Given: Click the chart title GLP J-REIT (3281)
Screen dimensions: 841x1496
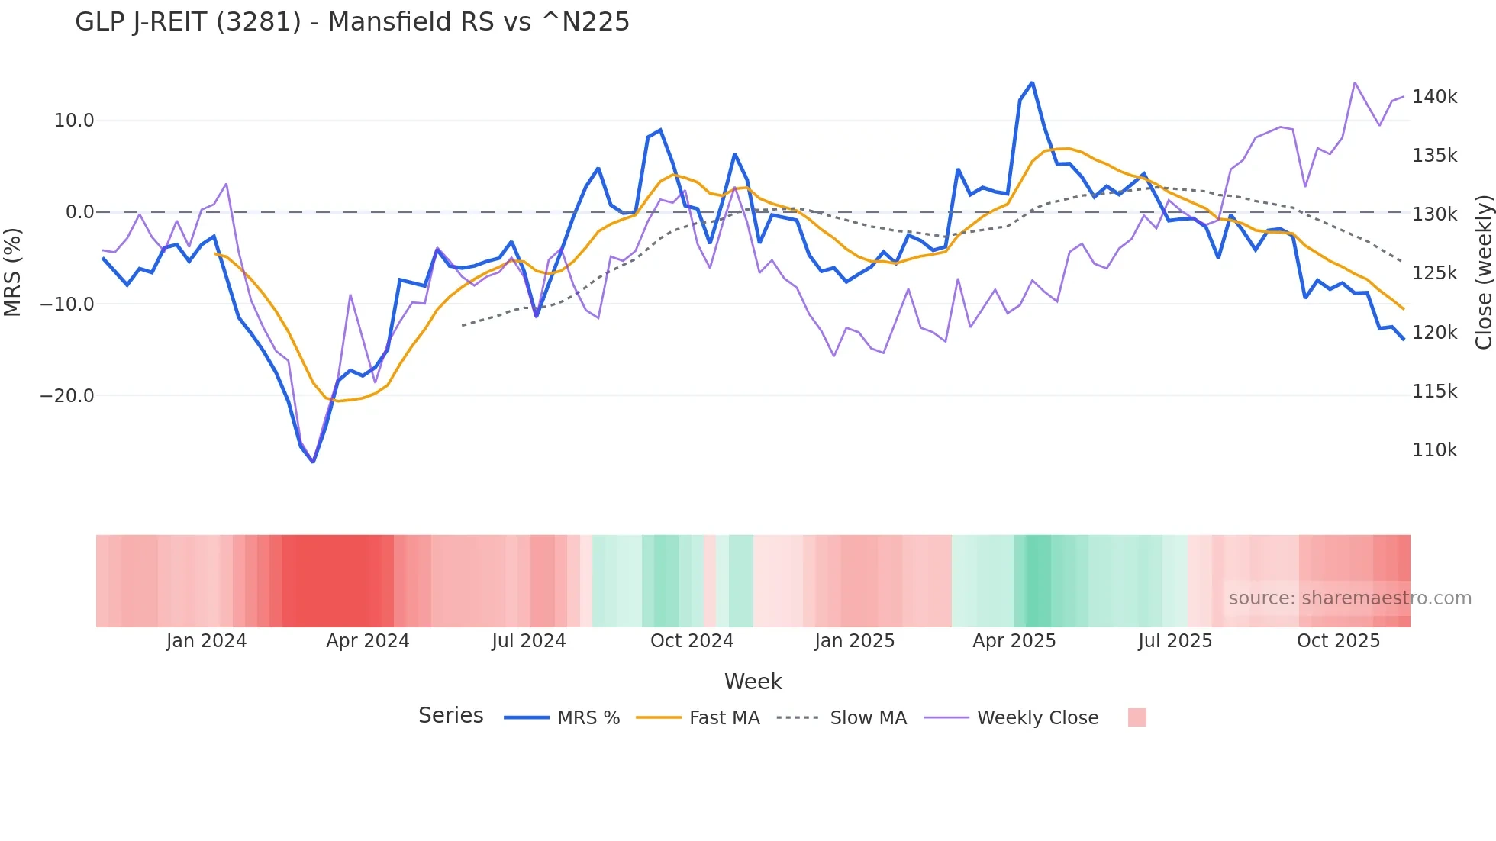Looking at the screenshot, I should pos(352,22).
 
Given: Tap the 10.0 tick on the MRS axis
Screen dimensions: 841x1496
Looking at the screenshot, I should pos(74,121).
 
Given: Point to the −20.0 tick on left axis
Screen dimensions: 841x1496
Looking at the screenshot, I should pos(67,396).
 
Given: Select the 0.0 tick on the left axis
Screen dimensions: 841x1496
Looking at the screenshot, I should pos(79,212).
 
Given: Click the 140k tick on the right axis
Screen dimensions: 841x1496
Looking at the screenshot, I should pos(1434,97).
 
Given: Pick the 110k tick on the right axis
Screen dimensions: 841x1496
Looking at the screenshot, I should pos(1434,450).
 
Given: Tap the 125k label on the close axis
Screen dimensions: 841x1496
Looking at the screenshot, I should pos(1434,273).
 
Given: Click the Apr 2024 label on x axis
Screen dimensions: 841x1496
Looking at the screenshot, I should pos(367,641).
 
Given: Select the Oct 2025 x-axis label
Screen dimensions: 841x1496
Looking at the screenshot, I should pos(1338,641).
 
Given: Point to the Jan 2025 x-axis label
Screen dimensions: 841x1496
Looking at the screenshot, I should pos(854,641).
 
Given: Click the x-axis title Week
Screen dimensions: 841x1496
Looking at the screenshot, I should pos(753,681).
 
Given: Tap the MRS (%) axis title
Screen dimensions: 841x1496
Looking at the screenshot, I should pos(13,272).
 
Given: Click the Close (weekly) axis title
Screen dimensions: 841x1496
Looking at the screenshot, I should pos(1483,272).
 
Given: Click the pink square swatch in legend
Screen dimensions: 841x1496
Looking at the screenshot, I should pos(1137,717).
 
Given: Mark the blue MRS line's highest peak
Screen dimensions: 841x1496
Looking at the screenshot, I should pos(1032,82).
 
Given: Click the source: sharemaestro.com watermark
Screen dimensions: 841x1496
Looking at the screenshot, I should pos(1349,598).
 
